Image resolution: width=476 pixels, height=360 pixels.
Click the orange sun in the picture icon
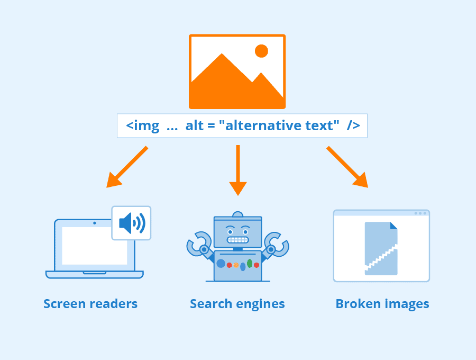tap(261, 51)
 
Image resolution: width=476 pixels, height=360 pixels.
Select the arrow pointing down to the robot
tap(238, 170)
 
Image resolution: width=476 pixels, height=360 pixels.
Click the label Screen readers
tap(90, 304)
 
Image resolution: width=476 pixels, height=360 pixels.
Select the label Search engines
tap(237, 304)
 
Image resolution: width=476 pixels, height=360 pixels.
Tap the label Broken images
tap(382, 304)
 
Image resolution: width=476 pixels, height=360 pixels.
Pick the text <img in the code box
tap(142, 126)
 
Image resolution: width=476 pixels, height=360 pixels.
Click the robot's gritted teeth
tap(237, 240)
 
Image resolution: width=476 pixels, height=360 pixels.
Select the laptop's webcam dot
tap(95, 223)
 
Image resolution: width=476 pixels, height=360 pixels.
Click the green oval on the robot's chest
tap(250, 263)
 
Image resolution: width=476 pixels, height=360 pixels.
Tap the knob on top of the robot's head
tap(238, 214)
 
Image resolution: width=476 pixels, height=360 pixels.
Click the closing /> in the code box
tap(353, 126)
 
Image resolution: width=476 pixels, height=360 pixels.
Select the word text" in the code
tap(322, 126)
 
